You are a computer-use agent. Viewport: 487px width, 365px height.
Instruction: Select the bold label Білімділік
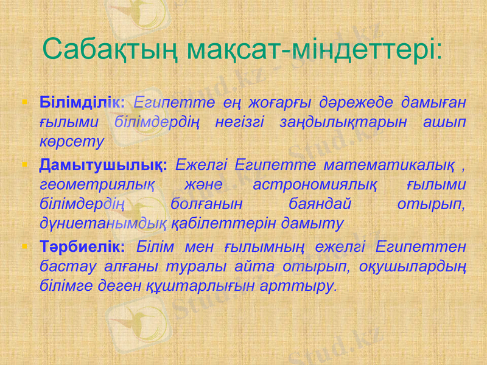[x=82, y=101]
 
